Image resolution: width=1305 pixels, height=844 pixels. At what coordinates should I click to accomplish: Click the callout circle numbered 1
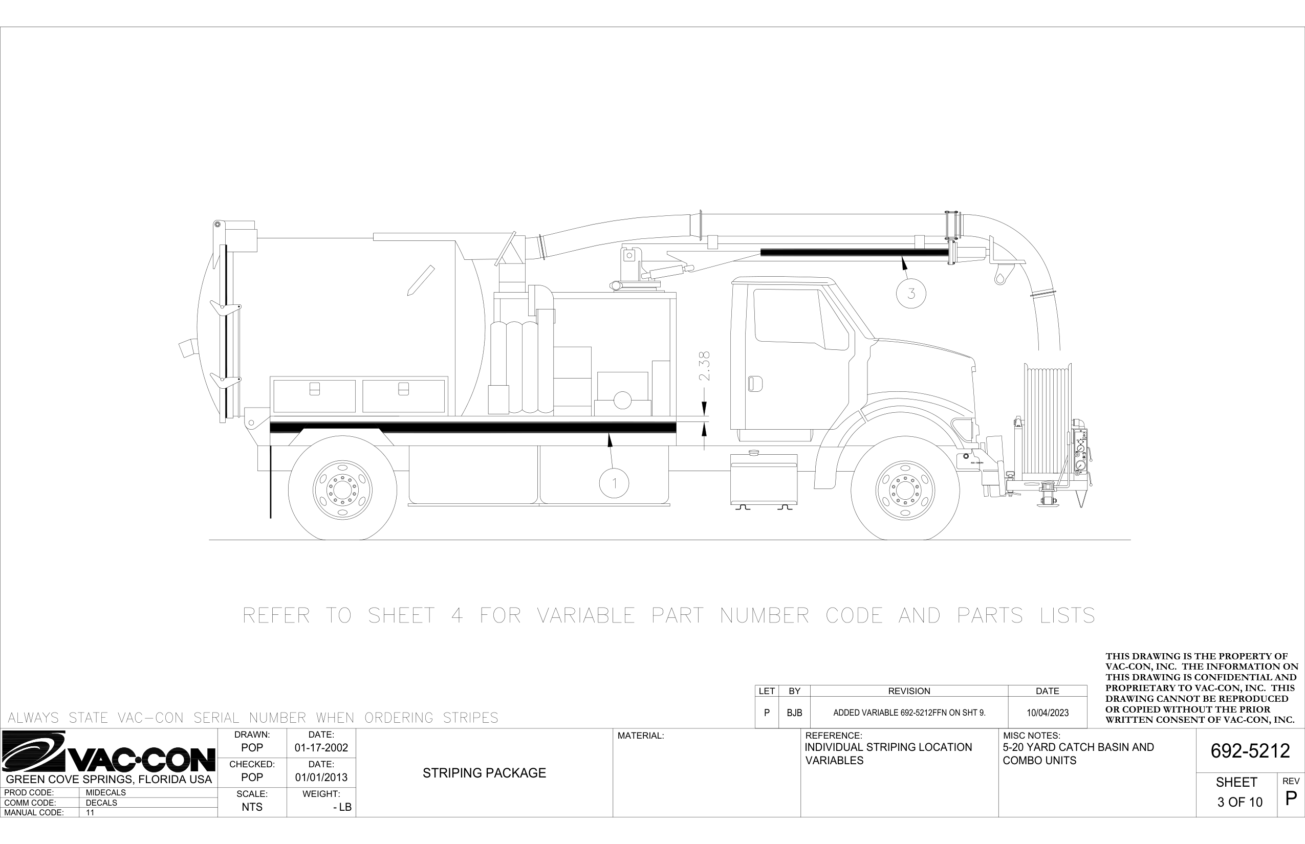coord(614,483)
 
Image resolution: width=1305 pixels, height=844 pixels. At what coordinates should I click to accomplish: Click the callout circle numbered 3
coord(911,293)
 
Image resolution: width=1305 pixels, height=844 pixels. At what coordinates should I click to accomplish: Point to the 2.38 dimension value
coord(705,366)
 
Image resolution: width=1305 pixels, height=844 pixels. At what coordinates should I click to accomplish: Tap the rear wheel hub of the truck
coord(342,490)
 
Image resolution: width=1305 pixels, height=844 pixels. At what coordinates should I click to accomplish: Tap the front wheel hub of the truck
coord(905,490)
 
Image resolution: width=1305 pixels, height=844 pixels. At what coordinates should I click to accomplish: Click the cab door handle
coord(755,383)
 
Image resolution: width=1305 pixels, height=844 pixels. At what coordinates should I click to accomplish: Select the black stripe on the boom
coord(853,252)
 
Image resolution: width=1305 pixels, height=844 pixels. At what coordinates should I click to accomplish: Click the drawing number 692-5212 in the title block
coord(1250,751)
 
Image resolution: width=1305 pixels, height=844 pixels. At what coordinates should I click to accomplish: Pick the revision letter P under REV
coord(1291,798)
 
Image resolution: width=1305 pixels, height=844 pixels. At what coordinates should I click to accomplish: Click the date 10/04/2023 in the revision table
coord(1047,713)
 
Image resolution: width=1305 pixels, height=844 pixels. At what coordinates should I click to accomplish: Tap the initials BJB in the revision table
coord(794,713)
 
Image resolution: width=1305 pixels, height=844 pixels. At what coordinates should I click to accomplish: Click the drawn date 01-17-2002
coord(321,747)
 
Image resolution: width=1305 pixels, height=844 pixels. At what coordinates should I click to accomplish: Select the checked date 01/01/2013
coord(321,777)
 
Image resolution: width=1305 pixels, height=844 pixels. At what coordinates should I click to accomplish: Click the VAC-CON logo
coord(108,753)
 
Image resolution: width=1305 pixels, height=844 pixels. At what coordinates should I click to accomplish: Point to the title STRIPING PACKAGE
coord(484,773)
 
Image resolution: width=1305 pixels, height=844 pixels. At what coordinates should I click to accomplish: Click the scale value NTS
coord(252,807)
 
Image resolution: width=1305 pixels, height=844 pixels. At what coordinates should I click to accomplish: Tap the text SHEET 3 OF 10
coord(1239,792)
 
